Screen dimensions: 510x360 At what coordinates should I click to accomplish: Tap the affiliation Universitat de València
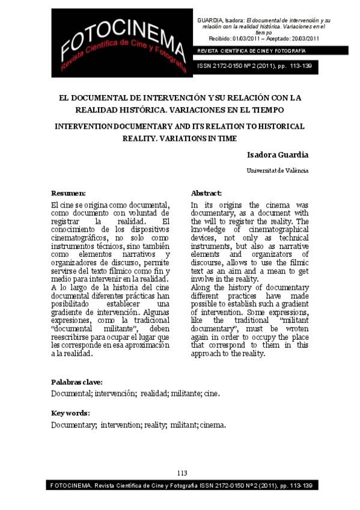click(x=278, y=171)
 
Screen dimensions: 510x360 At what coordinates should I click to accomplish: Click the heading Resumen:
click(x=69, y=193)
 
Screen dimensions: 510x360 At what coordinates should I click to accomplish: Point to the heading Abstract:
click(x=206, y=193)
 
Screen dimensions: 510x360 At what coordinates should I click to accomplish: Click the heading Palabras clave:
click(x=76, y=382)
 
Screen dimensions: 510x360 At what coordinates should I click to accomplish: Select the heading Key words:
click(x=70, y=413)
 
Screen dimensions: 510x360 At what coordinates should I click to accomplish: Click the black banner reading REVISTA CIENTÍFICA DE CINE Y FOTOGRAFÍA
click(x=252, y=51)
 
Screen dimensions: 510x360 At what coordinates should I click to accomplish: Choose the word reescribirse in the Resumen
click(x=73, y=337)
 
